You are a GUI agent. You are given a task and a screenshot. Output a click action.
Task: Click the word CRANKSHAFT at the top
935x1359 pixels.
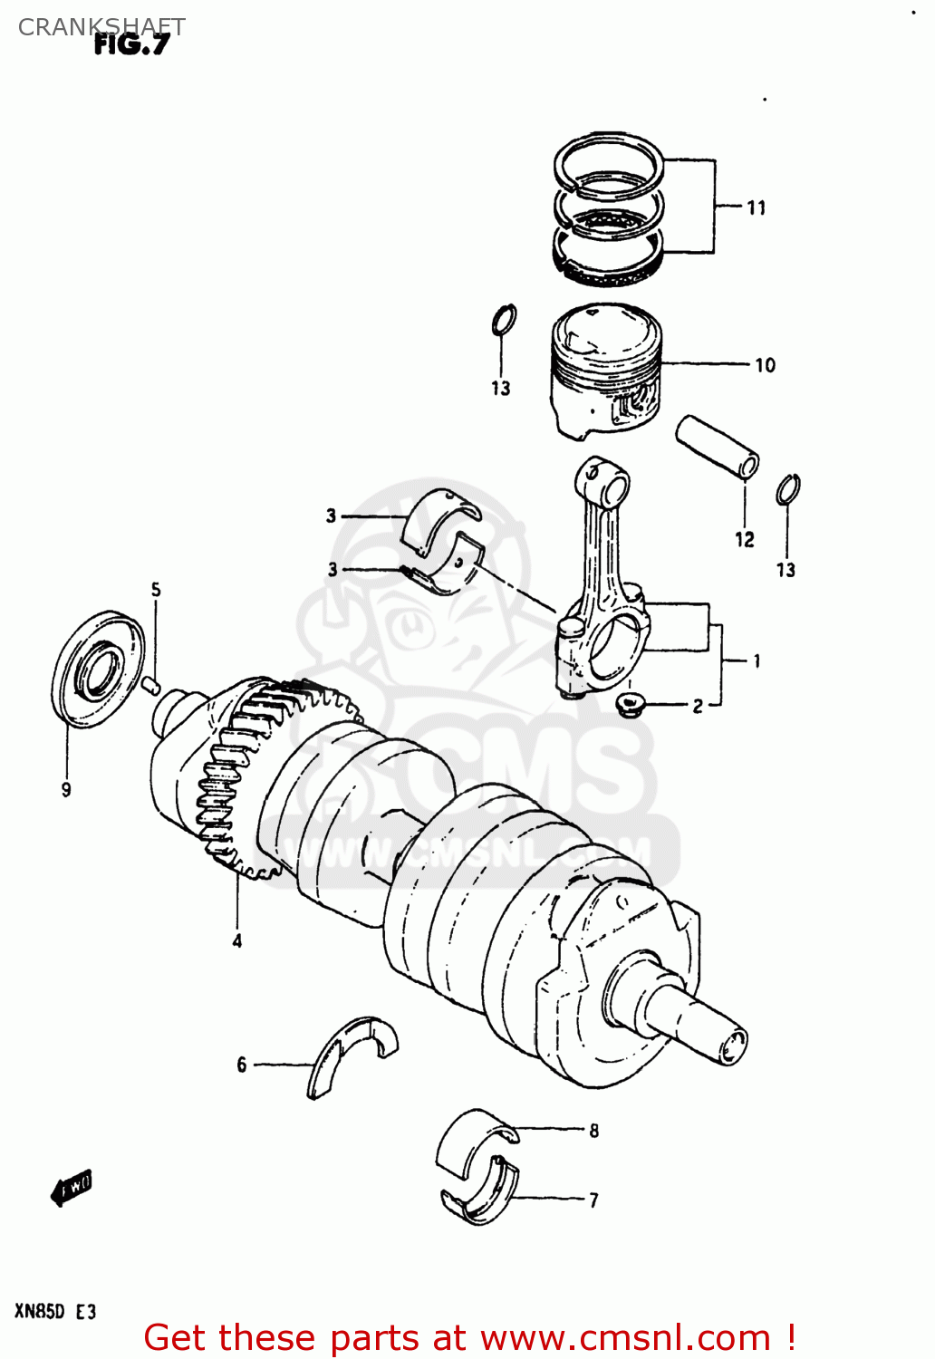(x=101, y=26)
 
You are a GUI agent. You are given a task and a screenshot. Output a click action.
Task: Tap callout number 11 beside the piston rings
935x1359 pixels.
(x=756, y=208)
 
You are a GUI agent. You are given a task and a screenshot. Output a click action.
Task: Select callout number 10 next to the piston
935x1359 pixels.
(x=765, y=365)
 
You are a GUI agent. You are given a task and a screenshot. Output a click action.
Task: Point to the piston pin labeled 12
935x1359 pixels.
(x=717, y=446)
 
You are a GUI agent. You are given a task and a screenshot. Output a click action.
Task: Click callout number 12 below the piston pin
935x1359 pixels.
(x=744, y=540)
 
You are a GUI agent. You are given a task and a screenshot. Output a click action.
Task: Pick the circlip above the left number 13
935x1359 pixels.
(x=504, y=320)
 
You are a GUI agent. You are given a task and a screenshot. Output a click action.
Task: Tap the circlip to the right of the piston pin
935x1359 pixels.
(x=787, y=489)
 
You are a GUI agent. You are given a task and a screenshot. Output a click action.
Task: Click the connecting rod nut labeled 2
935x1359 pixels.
(x=629, y=704)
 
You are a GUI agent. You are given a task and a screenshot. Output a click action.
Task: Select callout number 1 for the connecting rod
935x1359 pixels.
(x=756, y=661)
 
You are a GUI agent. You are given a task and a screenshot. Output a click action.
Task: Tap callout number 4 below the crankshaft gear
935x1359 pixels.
(x=236, y=941)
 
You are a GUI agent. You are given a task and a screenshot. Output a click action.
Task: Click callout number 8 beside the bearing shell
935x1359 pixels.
(x=593, y=1131)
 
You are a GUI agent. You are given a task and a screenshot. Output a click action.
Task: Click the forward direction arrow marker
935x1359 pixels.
(x=72, y=1187)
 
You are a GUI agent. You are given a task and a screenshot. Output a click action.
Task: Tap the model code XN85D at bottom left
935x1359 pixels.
(x=40, y=1311)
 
